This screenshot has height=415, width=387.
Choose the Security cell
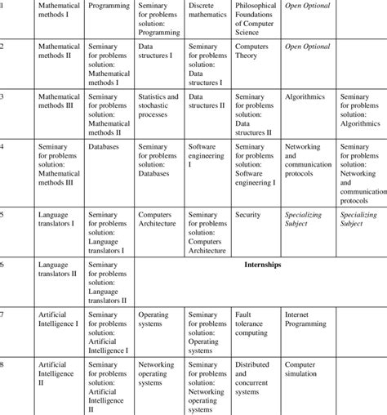pyautogui.click(x=247, y=216)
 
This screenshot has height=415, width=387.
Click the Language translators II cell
pyautogui.click(x=57, y=270)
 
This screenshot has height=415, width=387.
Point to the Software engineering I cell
pyautogui.click(x=207, y=155)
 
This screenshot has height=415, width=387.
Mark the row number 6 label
pyautogui.click(x=3, y=266)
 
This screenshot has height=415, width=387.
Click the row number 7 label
pyautogui.click(x=3, y=315)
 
